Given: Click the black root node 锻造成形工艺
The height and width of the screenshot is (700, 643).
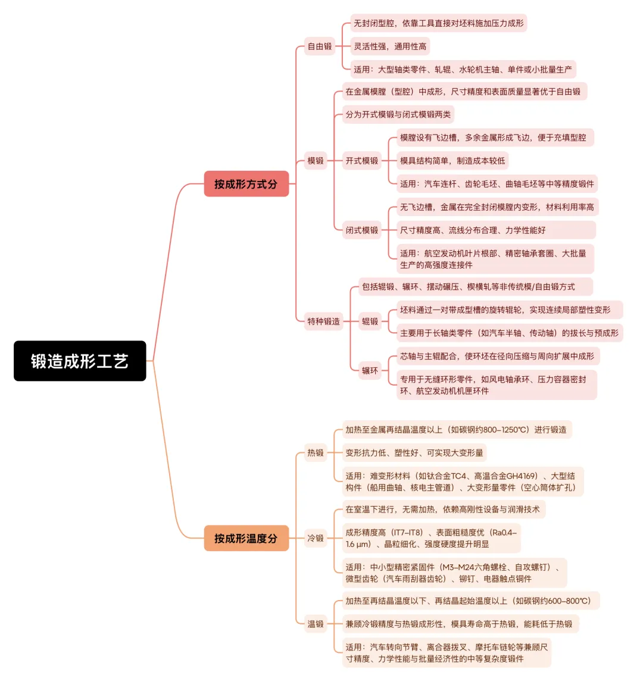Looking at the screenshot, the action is (x=80, y=361).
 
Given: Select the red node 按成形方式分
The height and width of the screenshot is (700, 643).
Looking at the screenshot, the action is (x=246, y=184).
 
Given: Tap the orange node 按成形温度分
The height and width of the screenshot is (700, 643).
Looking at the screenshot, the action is (x=246, y=538).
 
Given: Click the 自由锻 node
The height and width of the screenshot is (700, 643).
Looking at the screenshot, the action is (x=319, y=46).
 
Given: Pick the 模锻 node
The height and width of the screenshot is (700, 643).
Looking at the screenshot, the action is (x=316, y=161).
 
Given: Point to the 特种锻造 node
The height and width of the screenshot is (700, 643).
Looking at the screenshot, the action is (x=323, y=321).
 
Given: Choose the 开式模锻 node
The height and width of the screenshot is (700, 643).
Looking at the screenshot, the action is (x=361, y=161).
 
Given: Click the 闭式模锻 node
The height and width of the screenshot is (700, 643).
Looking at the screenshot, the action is (x=361, y=230).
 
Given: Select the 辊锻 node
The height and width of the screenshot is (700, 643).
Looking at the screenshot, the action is (x=370, y=321).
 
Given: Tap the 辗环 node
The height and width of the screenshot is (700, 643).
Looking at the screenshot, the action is (x=370, y=370).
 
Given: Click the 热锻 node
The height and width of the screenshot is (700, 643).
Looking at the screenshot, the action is (x=316, y=453).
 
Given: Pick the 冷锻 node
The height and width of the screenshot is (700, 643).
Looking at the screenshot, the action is (x=316, y=538).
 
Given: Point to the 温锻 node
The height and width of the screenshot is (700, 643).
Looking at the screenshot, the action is (x=316, y=624).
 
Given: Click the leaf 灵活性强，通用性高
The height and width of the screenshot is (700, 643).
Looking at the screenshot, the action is (x=390, y=46).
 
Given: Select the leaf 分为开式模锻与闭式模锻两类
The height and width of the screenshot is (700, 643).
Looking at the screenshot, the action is (x=398, y=114).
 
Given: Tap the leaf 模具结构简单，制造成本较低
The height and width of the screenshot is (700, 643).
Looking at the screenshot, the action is (x=452, y=161).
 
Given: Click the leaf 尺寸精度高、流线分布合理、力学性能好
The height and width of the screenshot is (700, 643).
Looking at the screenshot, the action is (x=473, y=230).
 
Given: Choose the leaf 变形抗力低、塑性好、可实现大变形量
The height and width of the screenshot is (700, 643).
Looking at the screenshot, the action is (x=414, y=453).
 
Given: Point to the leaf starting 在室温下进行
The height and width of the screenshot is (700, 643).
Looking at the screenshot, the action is (x=442, y=510).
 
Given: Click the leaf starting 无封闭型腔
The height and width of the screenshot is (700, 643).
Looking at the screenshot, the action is (x=439, y=23).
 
